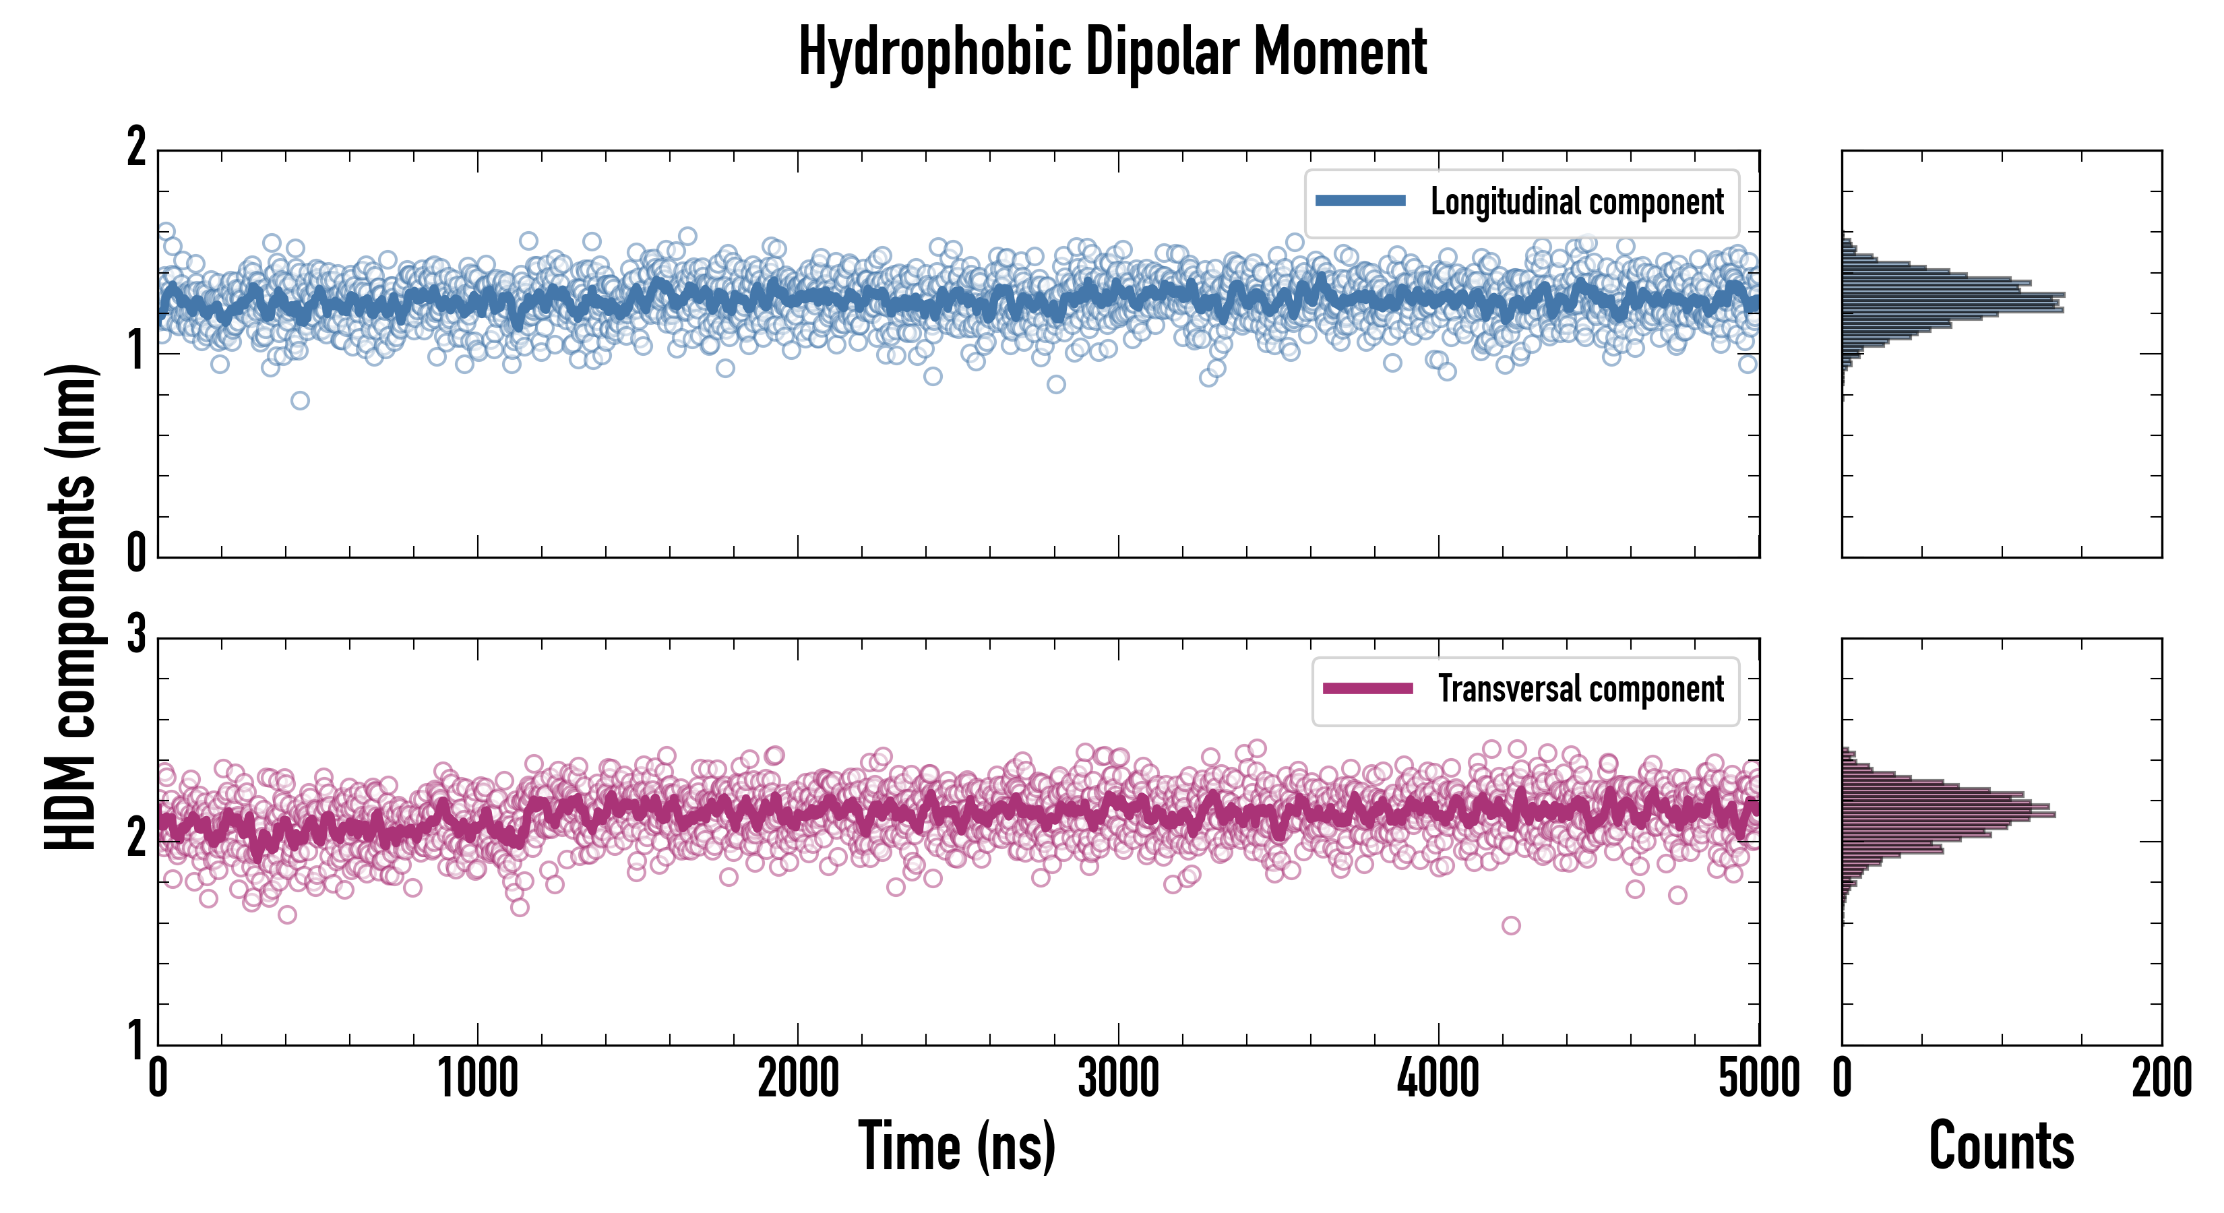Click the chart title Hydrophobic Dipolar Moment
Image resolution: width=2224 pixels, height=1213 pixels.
(x=1112, y=52)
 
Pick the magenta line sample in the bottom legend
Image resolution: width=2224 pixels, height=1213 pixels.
(x=1367, y=689)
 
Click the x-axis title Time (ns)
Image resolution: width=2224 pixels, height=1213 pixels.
(x=956, y=1146)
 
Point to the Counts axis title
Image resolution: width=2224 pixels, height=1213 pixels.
(x=2001, y=1146)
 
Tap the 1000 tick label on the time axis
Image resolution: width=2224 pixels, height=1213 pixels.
(x=477, y=1079)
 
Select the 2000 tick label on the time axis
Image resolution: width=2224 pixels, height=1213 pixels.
(x=798, y=1079)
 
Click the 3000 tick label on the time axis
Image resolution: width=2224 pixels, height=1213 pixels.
(x=1118, y=1079)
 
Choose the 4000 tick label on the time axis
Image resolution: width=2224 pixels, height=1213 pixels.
(x=1438, y=1079)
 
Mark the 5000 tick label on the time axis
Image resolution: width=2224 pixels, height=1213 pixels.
(x=1759, y=1079)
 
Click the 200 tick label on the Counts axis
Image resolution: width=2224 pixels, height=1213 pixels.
(x=2161, y=1079)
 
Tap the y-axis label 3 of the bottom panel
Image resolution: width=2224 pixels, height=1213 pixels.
(x=136, y=635)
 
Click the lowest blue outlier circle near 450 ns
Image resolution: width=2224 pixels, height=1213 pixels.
(x=300, y=400)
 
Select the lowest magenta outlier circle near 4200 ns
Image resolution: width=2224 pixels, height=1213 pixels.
(x=1511, y=925)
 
